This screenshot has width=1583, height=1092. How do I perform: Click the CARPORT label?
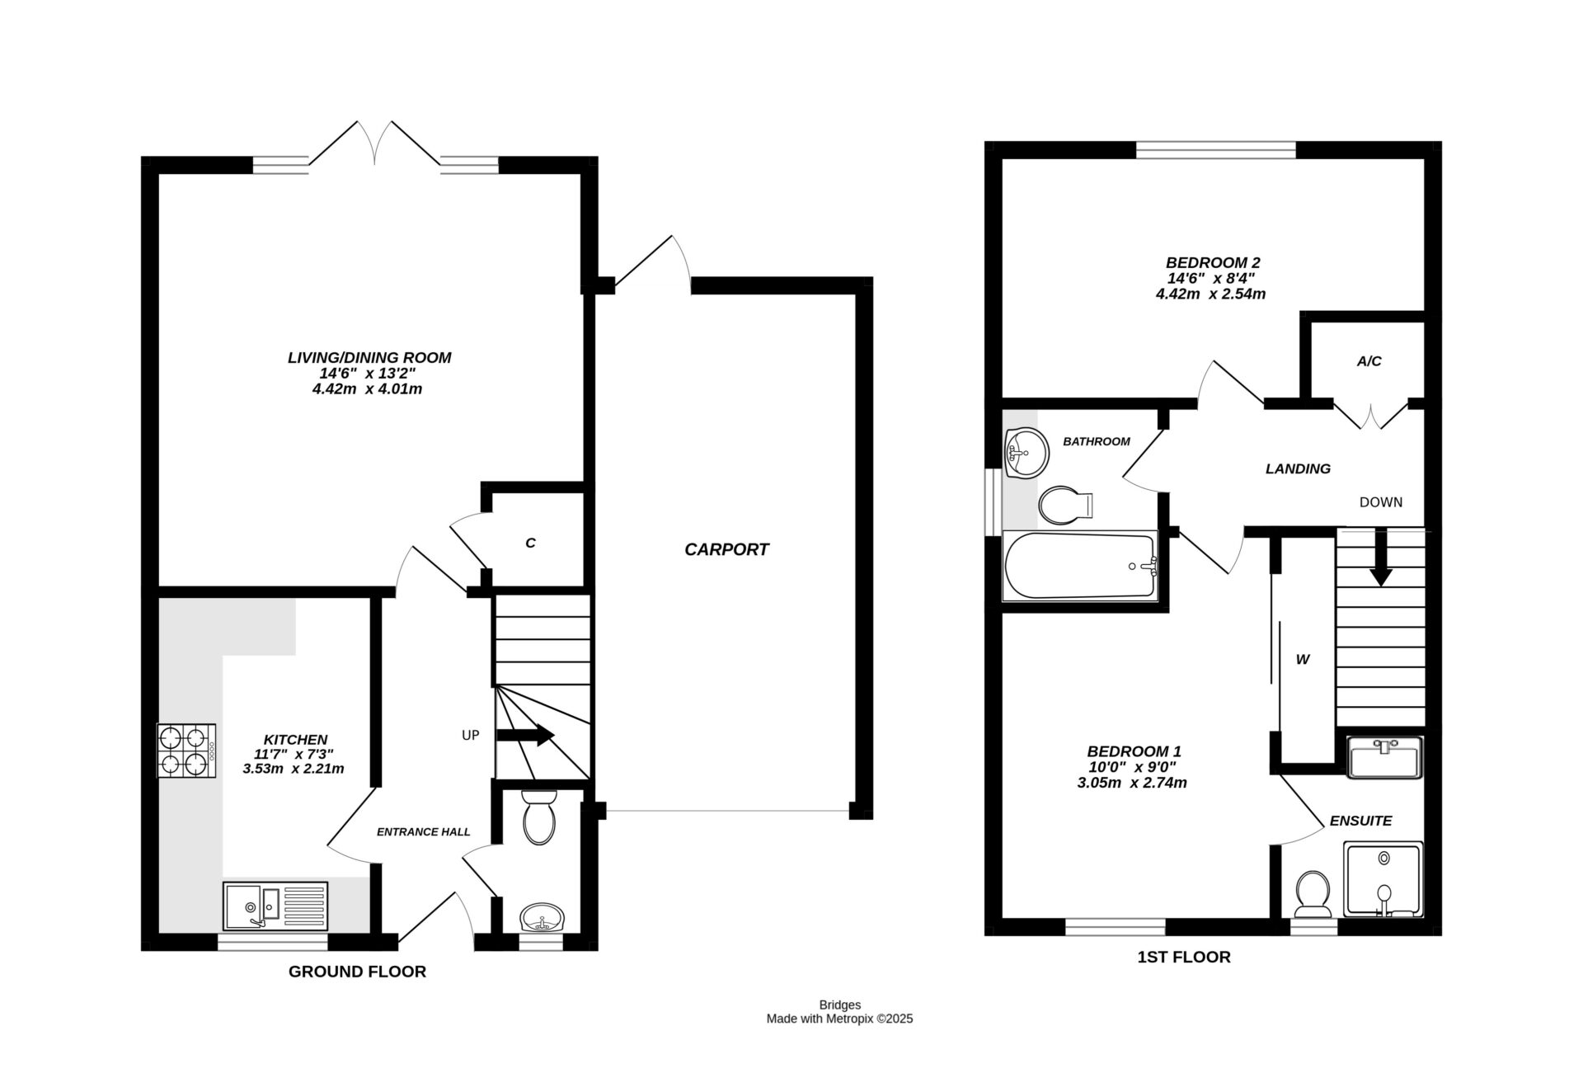coord(726,549)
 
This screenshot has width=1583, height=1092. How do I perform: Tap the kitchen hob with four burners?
coord(186,751)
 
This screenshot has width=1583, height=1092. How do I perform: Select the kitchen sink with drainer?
coord(275,906)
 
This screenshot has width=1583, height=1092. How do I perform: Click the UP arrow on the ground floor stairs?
coord(525,735)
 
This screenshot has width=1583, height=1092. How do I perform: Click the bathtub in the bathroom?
coord(1080,566)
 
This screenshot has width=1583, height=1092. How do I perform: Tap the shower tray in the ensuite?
coord(1383,879)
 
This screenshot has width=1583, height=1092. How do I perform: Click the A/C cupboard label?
coord(1369,361)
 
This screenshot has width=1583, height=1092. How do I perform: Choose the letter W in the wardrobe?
coord(1303,660)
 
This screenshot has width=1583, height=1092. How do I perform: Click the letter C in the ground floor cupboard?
coord(530,543)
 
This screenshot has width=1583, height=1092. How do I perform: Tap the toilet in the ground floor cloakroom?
coord(540,817)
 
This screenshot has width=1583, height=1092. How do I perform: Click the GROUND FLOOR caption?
coord(357,972)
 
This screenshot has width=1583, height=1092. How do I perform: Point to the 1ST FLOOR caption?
coord(1183,957)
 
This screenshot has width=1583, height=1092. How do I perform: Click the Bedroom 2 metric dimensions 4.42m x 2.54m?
coord(1210,294)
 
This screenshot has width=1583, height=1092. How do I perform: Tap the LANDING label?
coord(1298,468)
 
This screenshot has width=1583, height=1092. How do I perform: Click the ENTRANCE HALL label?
coord(423,831)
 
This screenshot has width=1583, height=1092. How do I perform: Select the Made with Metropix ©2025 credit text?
coord(839,1019)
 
